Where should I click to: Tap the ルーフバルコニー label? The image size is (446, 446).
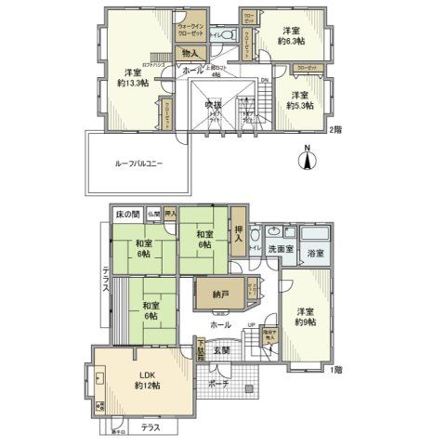tap(138, 164)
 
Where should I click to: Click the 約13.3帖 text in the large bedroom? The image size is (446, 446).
tap(130, 81)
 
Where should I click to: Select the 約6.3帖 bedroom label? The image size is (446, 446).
tap(291, 39)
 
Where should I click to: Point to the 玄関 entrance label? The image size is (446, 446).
tap(221, 350)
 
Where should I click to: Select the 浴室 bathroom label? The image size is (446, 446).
tap(315, 253)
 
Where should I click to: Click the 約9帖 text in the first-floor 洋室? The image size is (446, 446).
tap(306, 322)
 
